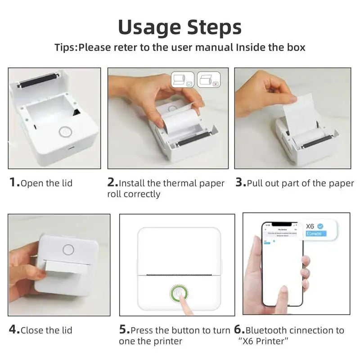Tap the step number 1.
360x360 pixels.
click(x=13, y=183)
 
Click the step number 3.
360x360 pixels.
click(x=239, y=183)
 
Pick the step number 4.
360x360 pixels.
click(x=13, y=329)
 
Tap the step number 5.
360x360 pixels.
click(x=123, y=329)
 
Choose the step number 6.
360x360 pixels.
click(x=238, y=329)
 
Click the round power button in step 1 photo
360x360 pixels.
click(x=65, y=132)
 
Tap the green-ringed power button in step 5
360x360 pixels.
click(x=179, y=293)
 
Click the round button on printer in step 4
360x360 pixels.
click(x=68, y=249)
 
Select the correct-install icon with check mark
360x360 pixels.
click(x=183, y=79)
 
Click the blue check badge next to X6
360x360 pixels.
click(x=320, y=225)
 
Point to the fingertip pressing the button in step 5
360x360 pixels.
click(x=185, y=300)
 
